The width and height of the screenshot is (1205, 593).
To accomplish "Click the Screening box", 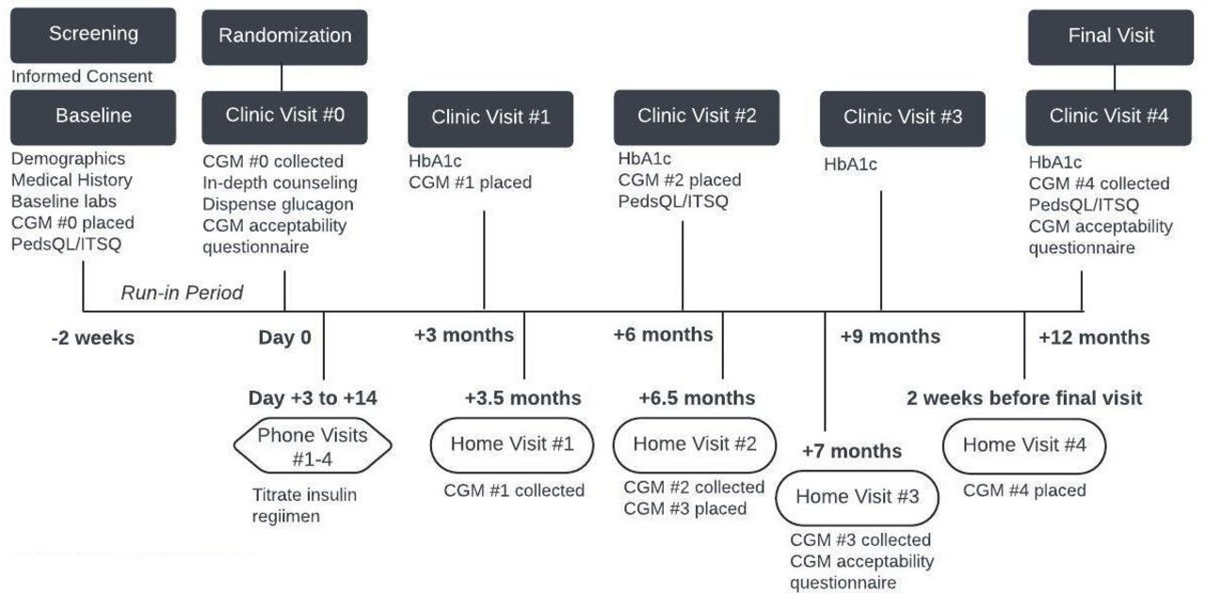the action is point(93,36).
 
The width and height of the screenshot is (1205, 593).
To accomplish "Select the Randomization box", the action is point(284,37).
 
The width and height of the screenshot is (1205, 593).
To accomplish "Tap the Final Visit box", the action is point(1111,37).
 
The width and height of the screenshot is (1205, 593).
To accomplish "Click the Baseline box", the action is point(93,118).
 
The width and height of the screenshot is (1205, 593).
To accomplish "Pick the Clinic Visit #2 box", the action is point(697,118).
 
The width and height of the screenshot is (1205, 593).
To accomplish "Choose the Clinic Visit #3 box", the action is point(903,119).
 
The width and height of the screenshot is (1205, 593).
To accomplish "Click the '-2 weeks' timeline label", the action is point(93,338).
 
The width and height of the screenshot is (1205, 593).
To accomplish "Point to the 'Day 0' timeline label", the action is point(284,337).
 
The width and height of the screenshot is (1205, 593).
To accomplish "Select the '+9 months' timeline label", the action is point(891,336).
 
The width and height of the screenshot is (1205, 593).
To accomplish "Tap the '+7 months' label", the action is point(852,451).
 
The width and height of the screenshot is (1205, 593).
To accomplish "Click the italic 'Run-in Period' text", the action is point(182,293).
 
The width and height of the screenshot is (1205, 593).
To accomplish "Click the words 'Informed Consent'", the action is point(82,76).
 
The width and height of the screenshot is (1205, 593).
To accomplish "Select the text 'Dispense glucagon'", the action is point(278,204).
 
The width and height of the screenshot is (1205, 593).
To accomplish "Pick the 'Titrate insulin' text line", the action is point(304,494).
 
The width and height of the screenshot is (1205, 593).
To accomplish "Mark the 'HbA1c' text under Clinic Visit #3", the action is point(850,164).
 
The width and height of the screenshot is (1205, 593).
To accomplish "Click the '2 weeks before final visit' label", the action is point(1024,398).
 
